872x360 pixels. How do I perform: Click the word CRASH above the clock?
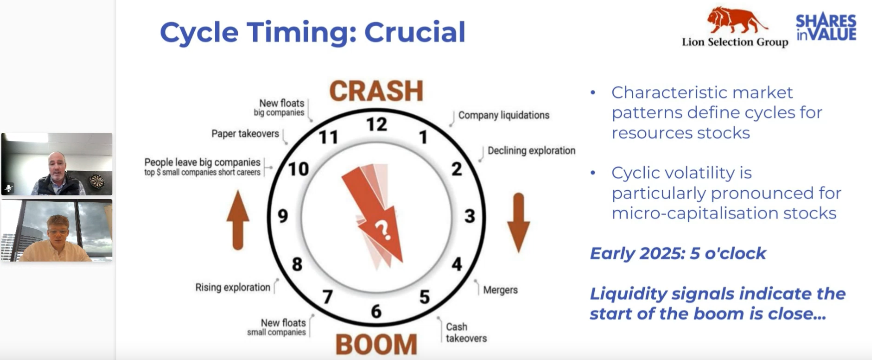point(376,91)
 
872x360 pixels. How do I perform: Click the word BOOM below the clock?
point(376,345)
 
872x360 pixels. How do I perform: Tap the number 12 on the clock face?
point(377,124)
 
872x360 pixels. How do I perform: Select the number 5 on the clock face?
point(425,297)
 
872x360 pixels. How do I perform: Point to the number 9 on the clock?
point(283,216)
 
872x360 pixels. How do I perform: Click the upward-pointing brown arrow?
point(238,220)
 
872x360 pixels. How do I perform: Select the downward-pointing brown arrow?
point(518,223)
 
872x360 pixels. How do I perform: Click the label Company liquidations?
point(503,115)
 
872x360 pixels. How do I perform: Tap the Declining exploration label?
point(531,151)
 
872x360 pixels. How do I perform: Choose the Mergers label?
point(500,290)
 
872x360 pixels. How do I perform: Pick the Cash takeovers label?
point(466,333)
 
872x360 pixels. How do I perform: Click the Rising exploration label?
point(233,288)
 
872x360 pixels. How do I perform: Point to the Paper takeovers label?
point(245,134)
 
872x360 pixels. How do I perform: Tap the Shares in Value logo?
point(826,27)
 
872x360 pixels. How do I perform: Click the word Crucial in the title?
point(415,32)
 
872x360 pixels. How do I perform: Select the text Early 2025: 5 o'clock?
point(678,254)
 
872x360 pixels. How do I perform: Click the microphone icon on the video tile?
point(8,188)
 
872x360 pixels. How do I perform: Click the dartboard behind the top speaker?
point(97,181)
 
